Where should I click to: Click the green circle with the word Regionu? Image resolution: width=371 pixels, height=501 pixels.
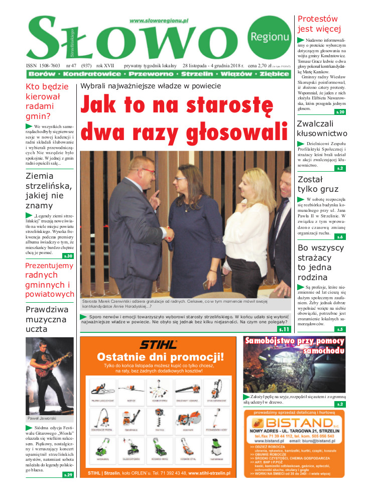tap(269, 36)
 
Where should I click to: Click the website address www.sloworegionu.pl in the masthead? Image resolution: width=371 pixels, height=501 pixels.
tap(158, 21)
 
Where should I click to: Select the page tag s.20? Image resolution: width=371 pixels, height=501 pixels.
tap(340, 112)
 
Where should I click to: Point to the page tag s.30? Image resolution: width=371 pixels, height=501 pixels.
tap(68, 256)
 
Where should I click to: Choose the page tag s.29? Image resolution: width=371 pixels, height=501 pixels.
tap(68, 474)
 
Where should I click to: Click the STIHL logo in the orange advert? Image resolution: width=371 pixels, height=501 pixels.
tap(158, 344)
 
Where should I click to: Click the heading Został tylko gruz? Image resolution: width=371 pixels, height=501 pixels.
tap(318, 184)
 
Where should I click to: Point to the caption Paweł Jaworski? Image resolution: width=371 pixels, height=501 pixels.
tap(42, 418)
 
